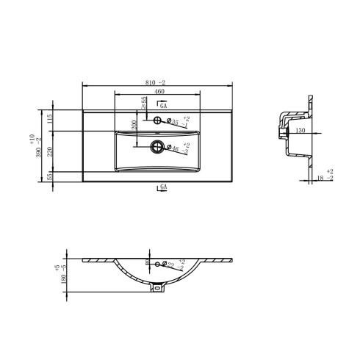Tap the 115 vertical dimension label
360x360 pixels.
tap(49, 119)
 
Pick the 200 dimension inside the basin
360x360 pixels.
tap(134, 127)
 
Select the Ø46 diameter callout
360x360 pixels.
tap(173, 149)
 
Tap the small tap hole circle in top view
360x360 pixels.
tap(157, 120)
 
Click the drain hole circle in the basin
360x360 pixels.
tap(156, 147)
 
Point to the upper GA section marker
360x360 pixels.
tap(164, 106)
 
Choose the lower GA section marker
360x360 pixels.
tap(164, 188)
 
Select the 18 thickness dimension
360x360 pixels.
tap(321, 178)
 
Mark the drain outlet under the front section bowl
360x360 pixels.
tap(156, 288)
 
